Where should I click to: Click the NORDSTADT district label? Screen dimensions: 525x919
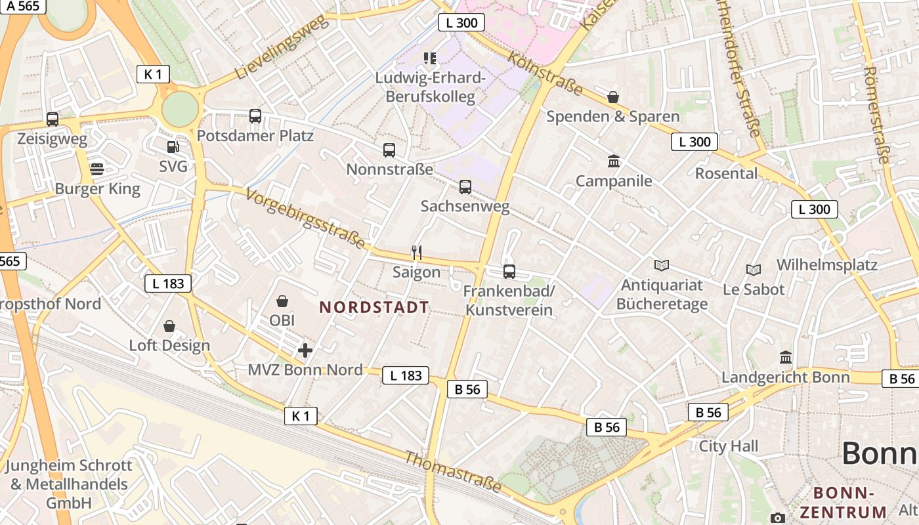click(x=374, y=307)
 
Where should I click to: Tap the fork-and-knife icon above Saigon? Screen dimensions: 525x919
click(x=416, y=252)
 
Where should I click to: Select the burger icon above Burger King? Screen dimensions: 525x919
click(x=97, y=169)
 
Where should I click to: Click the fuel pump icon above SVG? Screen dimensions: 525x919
click(x=173, y=148)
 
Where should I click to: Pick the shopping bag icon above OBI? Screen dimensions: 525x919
click(x=282, y=301)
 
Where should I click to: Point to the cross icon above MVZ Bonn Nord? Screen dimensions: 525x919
click(x=305, y=350)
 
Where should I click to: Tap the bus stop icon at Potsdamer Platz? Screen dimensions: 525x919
click(x=255, y=116)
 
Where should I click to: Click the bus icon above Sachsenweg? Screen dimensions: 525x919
click(x=465, y=187)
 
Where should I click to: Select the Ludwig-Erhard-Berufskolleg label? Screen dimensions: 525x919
click(x=430, y=87)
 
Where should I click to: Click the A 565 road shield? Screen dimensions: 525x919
click(x=24, y=6)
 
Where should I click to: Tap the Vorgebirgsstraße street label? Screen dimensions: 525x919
click(x=306, y=219)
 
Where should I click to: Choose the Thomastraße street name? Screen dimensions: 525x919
click(x=453, y=472)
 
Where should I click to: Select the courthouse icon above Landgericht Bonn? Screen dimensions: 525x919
click(x=785, y=358)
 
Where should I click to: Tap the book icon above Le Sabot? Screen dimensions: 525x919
click(x=753, y=270)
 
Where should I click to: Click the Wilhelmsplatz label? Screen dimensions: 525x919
click(x=827, y=265)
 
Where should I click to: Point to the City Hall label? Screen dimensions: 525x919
click(x=728, y=446)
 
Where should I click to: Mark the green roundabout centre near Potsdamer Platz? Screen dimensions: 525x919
click(x=180, y=109)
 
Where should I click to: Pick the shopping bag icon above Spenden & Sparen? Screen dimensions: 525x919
click(x=613, y=97)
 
